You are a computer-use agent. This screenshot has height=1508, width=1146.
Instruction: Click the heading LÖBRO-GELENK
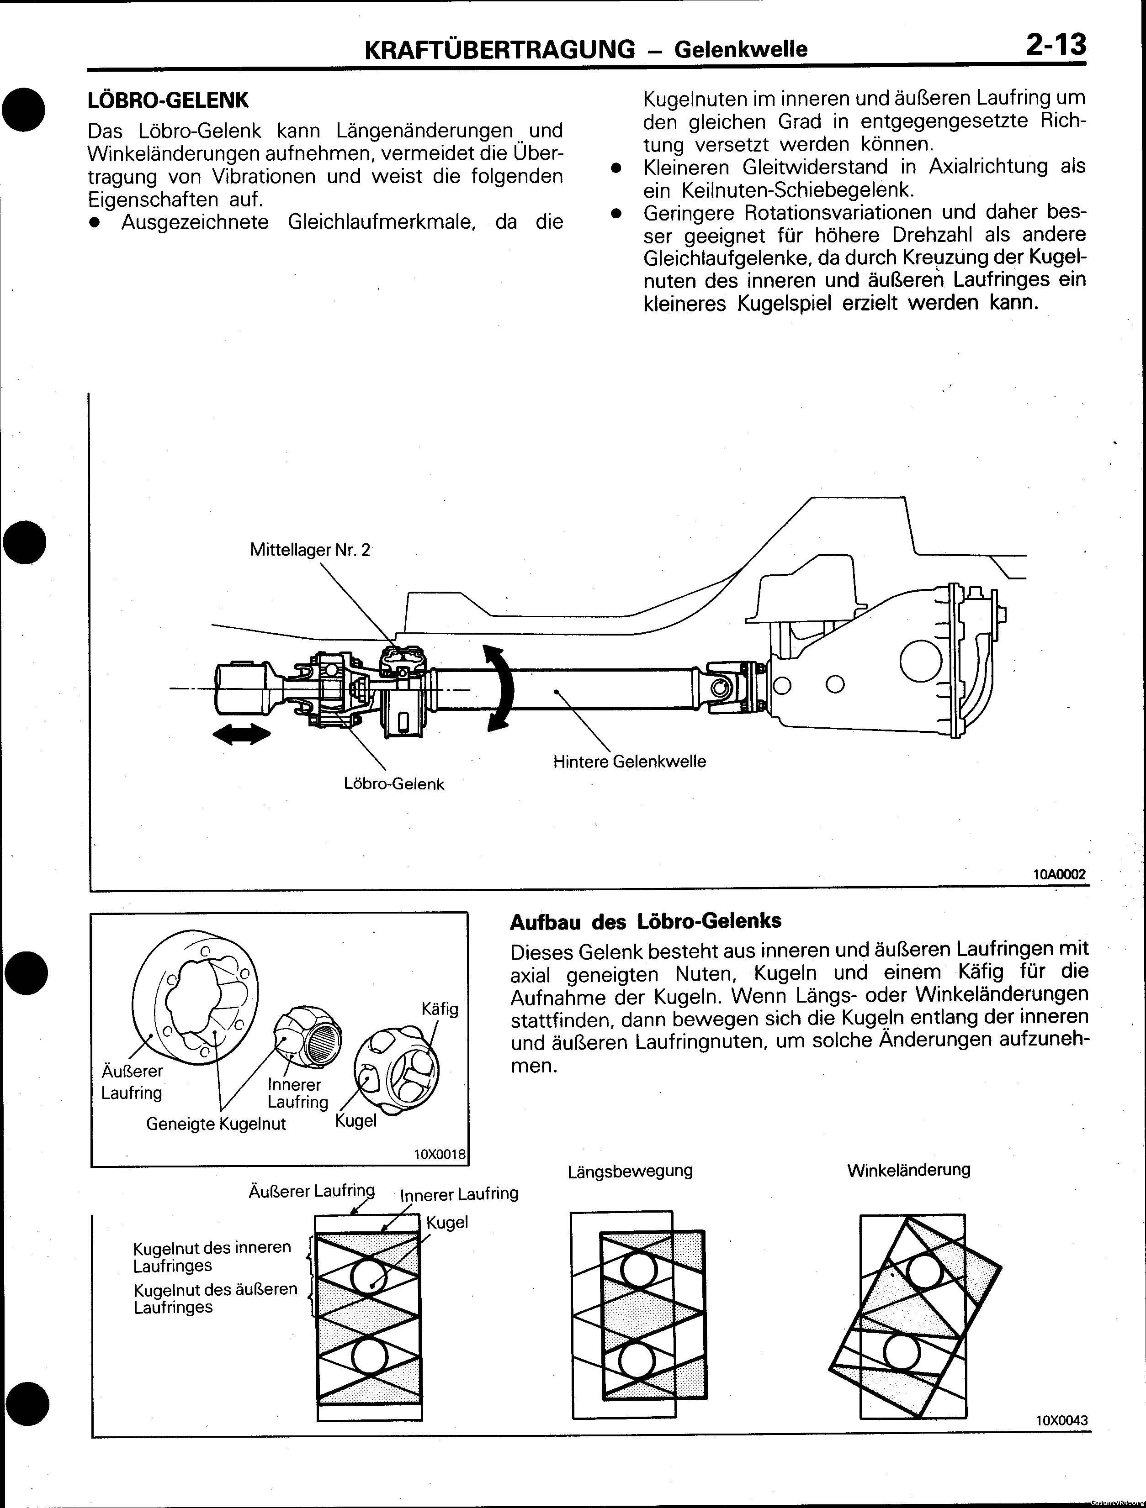[x=169, y=100]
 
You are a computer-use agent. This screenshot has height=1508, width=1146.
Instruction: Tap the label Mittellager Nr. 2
[x=310, y=550]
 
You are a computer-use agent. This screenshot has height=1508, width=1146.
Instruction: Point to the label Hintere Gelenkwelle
[x=629, y=762]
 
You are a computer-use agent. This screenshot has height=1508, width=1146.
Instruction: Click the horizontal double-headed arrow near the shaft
[x=241, y=734]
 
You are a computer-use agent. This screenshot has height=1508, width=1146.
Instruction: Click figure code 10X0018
[x=439, y=1154]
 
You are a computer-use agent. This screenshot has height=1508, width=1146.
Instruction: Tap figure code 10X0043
[x=1061, y=1420]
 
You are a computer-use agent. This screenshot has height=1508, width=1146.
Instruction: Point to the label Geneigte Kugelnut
[x=216, y=1124]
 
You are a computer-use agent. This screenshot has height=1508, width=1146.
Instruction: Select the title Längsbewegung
[x=630, y=1171]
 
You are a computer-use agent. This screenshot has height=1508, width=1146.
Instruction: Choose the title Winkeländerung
[x=908, y=1170]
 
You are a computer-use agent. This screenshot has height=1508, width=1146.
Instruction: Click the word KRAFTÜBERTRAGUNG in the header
[x=500, y=49]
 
